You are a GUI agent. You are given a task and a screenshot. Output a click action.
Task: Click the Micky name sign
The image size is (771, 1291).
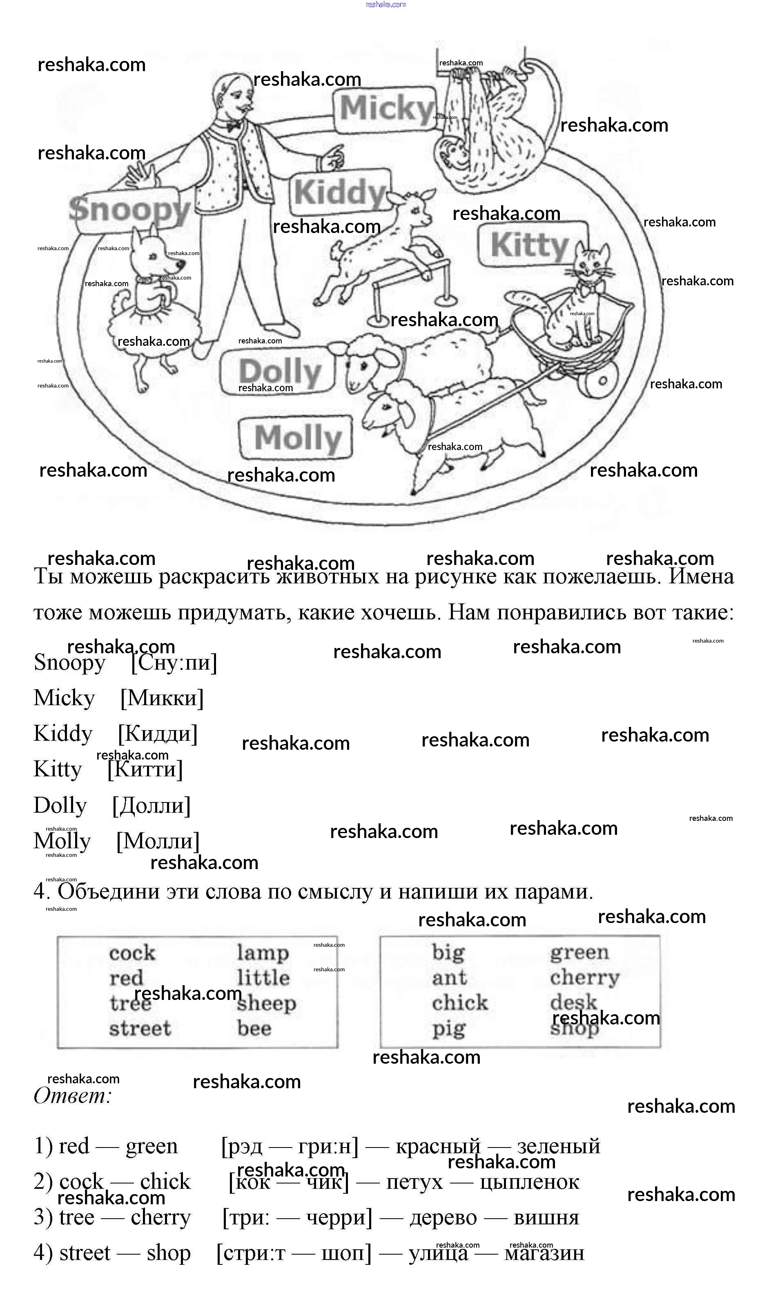[x=385, y=109]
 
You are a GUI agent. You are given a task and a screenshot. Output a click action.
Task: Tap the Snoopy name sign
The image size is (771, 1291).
[x=129, y=210]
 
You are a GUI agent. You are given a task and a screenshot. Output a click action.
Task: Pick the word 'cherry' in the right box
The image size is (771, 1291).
[x=584, y=978]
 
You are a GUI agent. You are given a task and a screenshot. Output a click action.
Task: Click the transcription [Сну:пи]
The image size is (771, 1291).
[x=174, y=662]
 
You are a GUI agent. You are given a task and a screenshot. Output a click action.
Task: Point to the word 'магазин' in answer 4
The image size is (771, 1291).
[x=544, y=1253]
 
